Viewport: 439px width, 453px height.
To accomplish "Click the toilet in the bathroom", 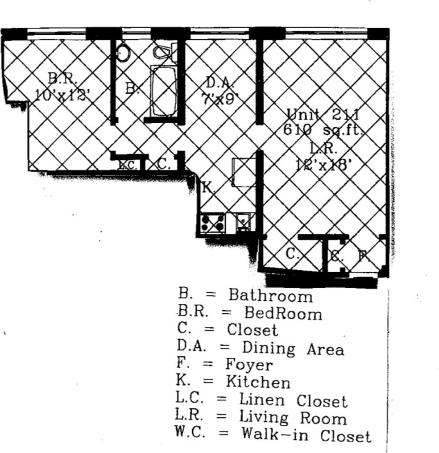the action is [x=162, y=53].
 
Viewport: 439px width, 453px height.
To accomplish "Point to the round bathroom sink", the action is [x=123, y=53].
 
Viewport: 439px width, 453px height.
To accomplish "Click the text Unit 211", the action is [x=323, y=114].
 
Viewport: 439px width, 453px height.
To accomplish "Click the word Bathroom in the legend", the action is [x=270, y=295].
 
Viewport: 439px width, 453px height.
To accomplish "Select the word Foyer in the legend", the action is [x=248, y=365].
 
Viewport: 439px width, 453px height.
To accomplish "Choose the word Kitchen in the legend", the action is [x=258, y=382].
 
